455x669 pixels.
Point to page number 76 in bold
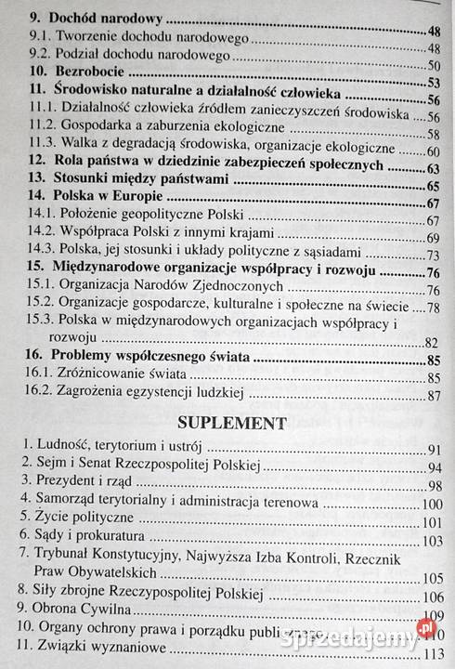tap(432, 272)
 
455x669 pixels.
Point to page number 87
tap(432, 397)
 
